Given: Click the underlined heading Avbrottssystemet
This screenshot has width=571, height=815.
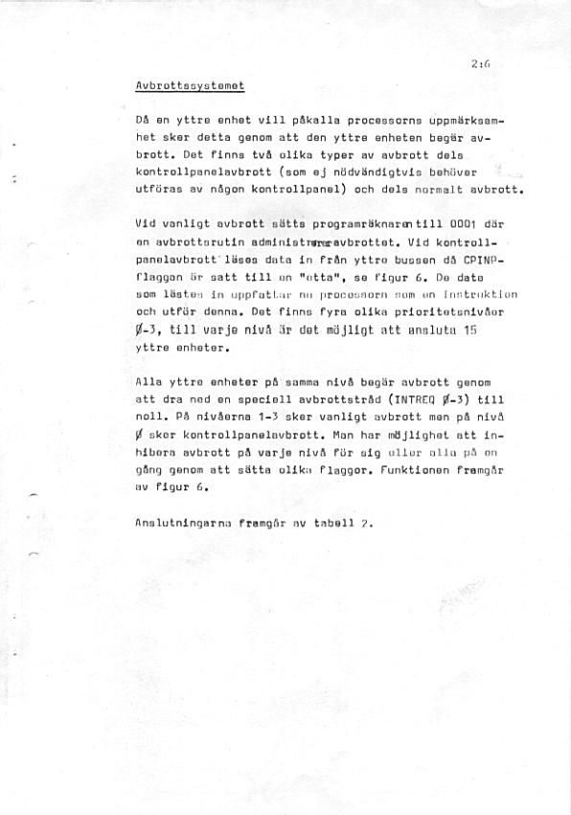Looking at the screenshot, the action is click(x=191, y=86).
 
